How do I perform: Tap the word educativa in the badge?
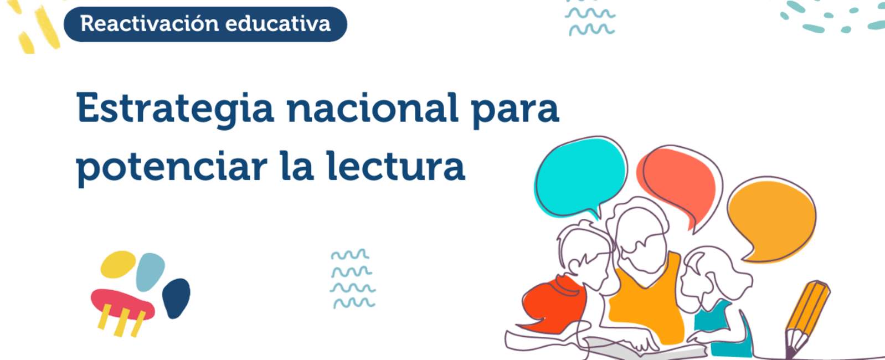click(x=278, y=24)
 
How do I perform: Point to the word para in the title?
click(x=515, y=111)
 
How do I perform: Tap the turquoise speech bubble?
click(x=580, y=177)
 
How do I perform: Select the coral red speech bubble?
click(x=680, y=186)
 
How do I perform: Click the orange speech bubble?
click(x=771, y=219)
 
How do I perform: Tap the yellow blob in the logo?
click(x=118, y=264)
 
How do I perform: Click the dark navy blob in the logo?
click(x=176, y=297)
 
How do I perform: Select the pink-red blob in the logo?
click(x=122, y=304)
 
